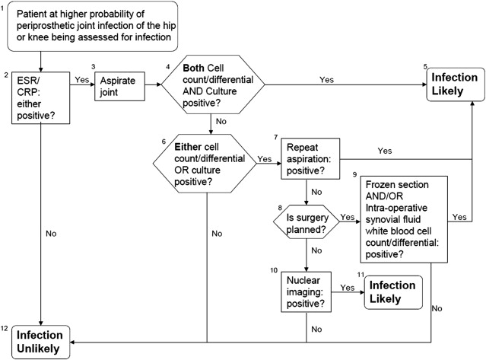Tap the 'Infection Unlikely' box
pyautogui.click(x=39, y=340)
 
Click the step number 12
pyautogui.click(x=5, y=328)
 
